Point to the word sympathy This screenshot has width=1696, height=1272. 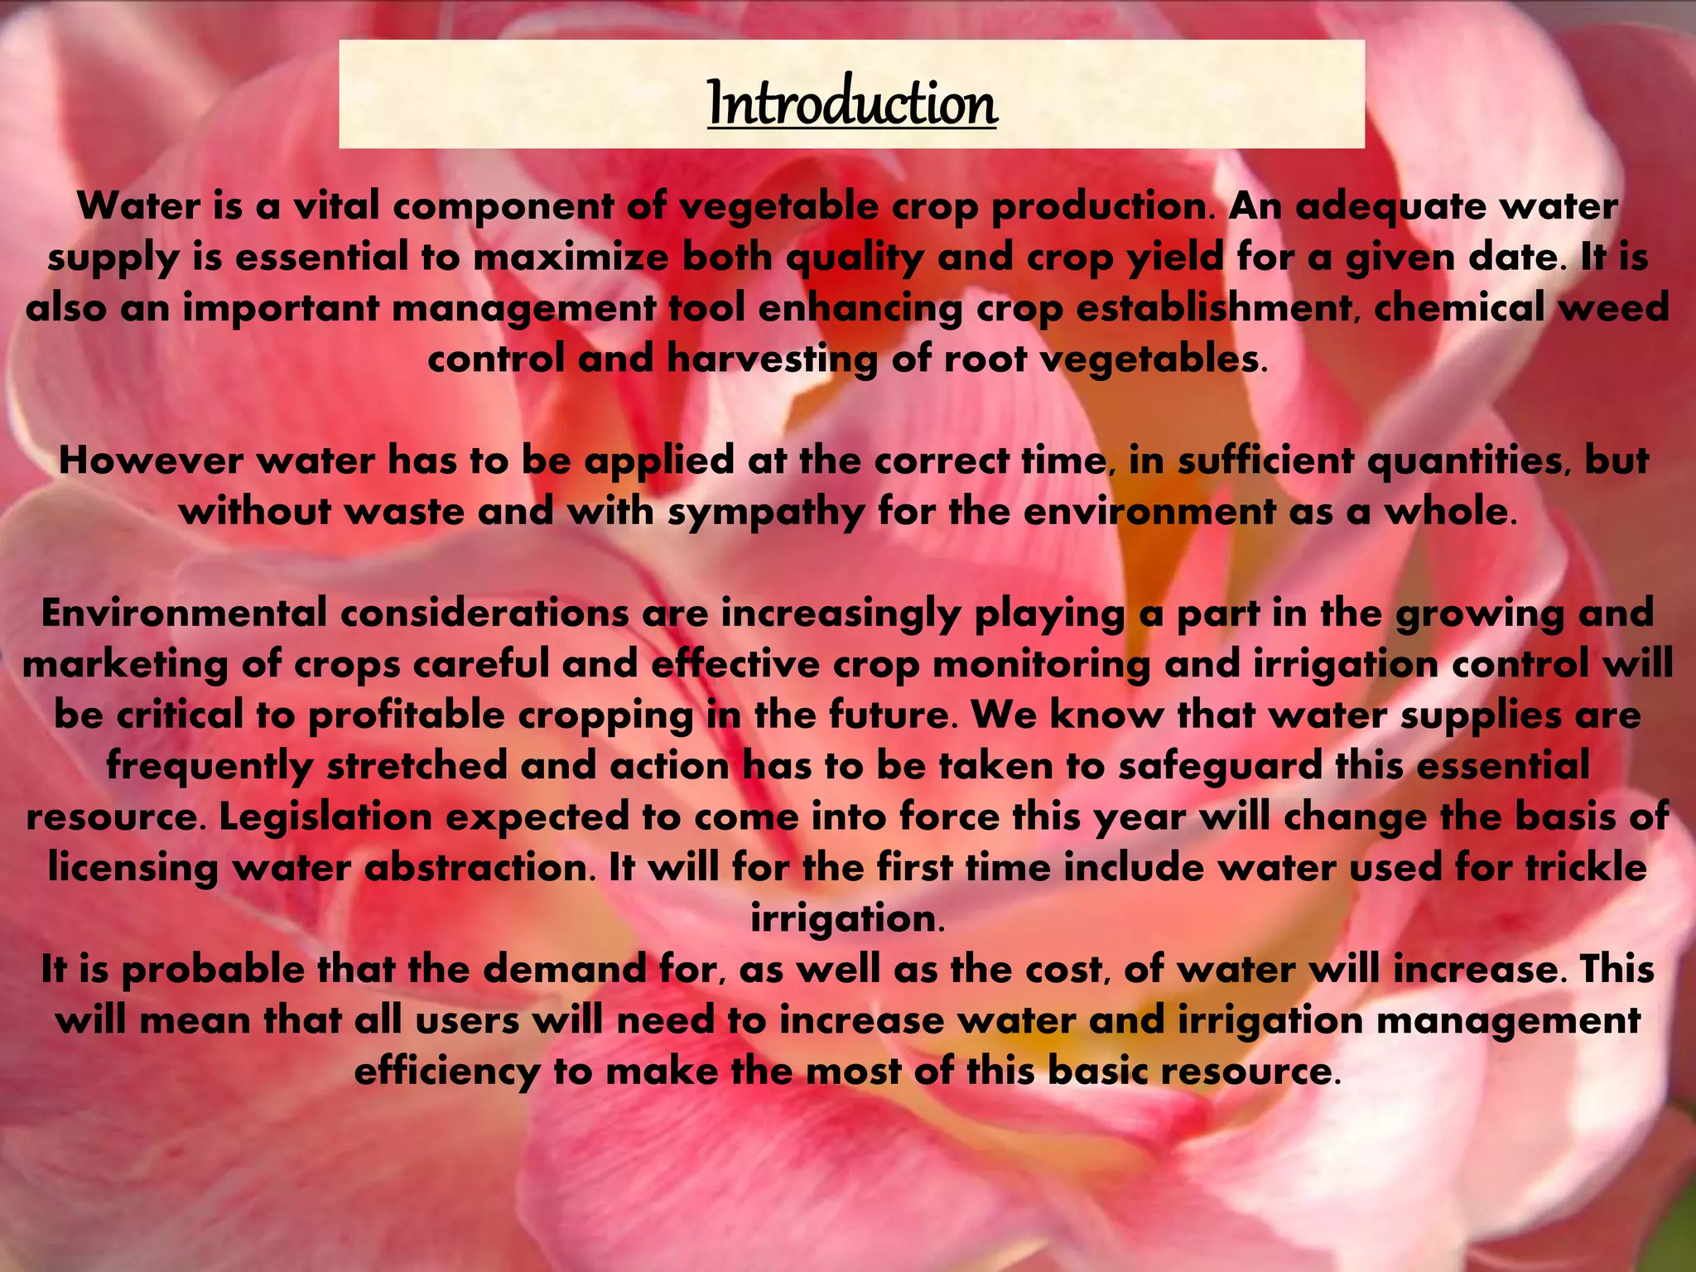[x=765, y=512]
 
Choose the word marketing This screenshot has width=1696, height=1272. [x=124, y=665]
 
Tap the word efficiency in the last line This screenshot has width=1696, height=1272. [x=446, y=1072]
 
